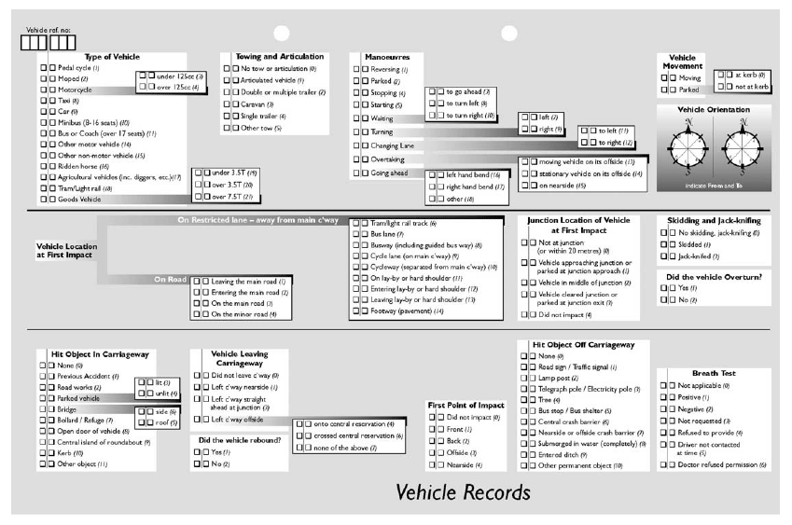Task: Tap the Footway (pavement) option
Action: click(x=408, y=310)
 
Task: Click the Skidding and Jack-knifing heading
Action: click(x=715, y=220)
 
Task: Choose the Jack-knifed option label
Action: click(x=696, y=256)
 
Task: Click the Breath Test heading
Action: click(x=714, y=373)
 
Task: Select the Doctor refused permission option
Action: click(x=726, y=464)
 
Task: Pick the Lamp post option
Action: click(x=561, y=380)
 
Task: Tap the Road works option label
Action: click(x=76, y=387)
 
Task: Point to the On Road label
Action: click(x=170, y=279)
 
